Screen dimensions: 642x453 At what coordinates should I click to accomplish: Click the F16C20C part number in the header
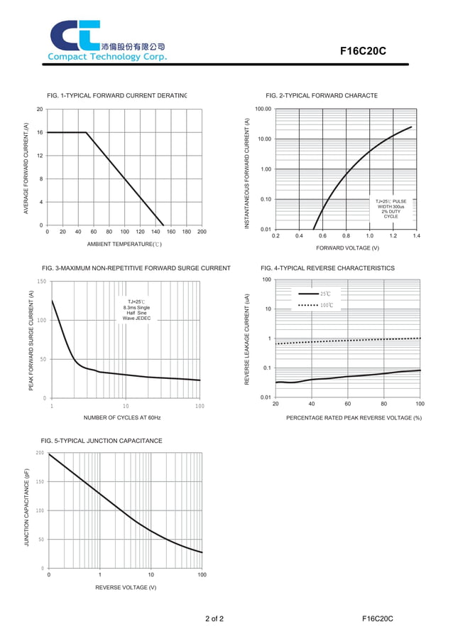(362, 51)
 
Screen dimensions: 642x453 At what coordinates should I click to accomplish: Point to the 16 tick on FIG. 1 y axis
(40, 132)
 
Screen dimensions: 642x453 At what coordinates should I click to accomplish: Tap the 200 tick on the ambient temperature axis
(202, 232)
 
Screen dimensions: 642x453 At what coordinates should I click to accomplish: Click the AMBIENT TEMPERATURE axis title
(124, 244)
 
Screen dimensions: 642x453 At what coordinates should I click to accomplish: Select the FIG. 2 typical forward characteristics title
(322, 95)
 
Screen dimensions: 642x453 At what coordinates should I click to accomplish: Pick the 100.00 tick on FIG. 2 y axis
(263, 109)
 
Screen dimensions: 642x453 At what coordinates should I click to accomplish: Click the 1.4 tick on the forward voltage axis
(416, 235)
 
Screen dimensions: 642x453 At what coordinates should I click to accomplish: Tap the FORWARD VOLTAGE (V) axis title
(347, 248)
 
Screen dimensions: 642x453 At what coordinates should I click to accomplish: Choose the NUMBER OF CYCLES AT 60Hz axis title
(122, 417)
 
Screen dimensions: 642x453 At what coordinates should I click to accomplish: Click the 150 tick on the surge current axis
(41, 282)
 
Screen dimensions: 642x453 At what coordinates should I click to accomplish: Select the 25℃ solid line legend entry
(315, 294)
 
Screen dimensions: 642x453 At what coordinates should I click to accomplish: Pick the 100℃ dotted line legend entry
(315, 305)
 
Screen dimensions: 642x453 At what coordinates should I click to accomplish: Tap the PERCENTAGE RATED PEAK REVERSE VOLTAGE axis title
(354, 417)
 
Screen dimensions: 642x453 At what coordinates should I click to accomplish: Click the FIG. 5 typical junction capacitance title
(102, 441)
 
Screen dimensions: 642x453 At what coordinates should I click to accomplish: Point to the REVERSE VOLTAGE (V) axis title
(126, 587)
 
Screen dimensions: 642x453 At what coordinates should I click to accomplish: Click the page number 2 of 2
(214, 619)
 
